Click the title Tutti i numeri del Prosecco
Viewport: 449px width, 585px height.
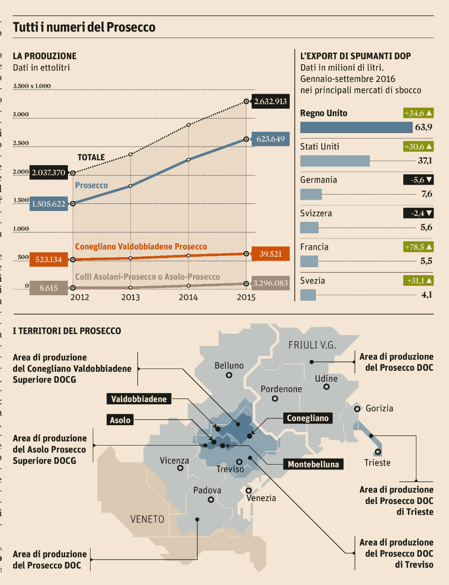[84, 27]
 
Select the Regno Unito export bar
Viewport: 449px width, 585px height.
[356, 127]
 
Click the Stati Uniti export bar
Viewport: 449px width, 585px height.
[334, 161]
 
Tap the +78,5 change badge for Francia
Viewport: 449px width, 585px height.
[418, 247]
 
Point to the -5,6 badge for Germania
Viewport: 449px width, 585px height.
[418, 180]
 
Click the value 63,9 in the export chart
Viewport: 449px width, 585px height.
[424, 127]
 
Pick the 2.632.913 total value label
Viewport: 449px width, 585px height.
[270, 101]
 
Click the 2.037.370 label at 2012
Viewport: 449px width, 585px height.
[48, 173]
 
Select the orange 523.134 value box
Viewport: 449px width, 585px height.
[48, 259]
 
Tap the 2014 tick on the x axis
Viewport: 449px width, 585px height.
[188, 297]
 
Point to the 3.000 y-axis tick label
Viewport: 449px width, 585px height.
[21, 115]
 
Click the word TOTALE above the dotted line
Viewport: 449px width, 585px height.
[91, 157]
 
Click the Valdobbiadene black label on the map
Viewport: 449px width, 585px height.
[139, 399]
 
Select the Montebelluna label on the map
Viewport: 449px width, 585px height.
[313, 464]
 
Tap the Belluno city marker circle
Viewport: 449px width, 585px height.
[229, 375]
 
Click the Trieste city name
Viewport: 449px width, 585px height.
[377, 463]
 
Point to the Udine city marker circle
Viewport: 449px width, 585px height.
[326, 387]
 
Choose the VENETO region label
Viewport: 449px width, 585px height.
[147, 519]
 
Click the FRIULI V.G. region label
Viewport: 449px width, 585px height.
[312, 345]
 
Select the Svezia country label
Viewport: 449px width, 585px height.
[312, 281]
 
